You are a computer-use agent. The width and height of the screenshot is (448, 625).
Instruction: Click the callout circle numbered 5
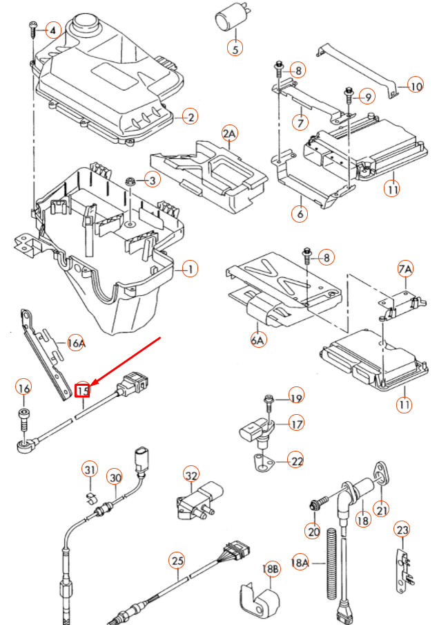tap(235, 48)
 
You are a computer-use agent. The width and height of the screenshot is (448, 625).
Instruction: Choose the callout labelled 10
tap(416, 86)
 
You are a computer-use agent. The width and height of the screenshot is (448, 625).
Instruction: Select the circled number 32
tap(191, 475)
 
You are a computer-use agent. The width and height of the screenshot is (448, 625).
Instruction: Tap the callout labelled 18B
tap(271, 568)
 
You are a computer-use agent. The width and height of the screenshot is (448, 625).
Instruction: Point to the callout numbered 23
tap(402, 531)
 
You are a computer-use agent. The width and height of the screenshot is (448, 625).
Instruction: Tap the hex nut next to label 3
tap(129, 182)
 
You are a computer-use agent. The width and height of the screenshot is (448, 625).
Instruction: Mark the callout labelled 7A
tap(405, 268)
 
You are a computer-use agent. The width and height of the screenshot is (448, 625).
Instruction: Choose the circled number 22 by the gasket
tap(296, 460)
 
